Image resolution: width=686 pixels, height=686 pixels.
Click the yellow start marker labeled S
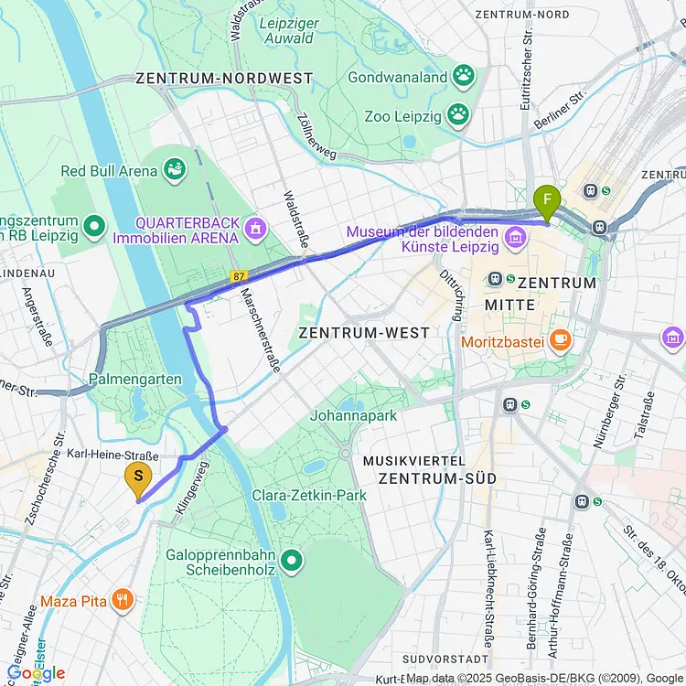coord(138,477)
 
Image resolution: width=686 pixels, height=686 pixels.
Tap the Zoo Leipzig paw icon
coord(457,116)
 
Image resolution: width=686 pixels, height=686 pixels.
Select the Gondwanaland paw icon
coord(465,77)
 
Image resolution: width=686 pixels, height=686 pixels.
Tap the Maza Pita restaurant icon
coord(123,600)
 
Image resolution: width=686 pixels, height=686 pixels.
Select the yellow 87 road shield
coord(240,275)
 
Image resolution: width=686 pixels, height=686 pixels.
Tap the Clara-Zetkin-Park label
coord(309,495)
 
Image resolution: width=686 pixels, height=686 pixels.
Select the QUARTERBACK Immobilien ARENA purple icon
coord(255,225)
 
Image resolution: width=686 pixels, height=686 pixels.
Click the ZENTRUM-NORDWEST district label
coord(224,79)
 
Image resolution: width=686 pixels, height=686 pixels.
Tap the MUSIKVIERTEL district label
coord(414,460)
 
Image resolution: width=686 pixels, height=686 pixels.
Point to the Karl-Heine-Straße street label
coord(113,456)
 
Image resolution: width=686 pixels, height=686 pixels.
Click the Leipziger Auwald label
coord(287,30)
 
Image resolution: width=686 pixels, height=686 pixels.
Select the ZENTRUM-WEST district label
coord(363,333)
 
